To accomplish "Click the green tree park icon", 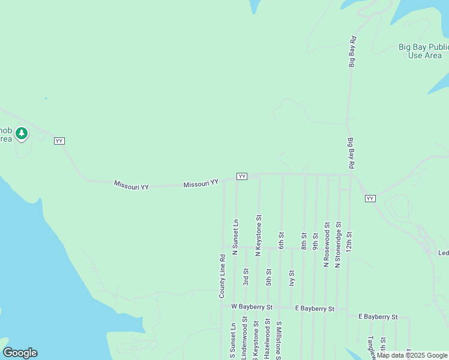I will coord(22,133).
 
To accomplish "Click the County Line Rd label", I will coord(221,277).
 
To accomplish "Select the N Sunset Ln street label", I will coord(235,237).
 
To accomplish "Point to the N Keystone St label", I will coord(258,236).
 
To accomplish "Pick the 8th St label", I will coord(304,241).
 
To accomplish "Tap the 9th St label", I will coord(315,241).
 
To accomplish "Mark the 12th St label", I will coord(349,242).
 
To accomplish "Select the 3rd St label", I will coord(246,277).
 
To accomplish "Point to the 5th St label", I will coord(268,277).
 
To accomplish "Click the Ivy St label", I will coord(292,280).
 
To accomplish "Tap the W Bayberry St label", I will coord(252,307).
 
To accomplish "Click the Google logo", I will coord(20,353).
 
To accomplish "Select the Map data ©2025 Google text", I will coord(412,355).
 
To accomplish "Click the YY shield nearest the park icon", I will coord(59,140).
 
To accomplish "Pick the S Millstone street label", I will coord(279,340).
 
